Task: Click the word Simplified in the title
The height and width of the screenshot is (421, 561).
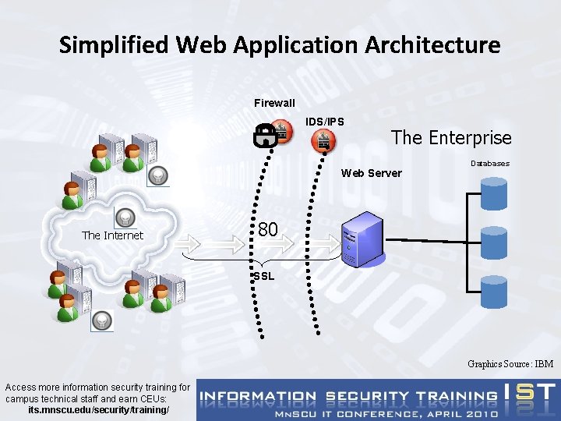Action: (x=114, y=45)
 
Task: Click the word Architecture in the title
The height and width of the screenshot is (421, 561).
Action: (x=432, y=44)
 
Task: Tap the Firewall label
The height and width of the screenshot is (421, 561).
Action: (x=274, y=103)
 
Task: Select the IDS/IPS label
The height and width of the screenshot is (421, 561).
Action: (x=324, y=122)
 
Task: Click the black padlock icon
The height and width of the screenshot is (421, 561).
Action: (x=266, y=136)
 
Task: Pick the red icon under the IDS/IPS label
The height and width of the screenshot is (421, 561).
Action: (x=323, y=140)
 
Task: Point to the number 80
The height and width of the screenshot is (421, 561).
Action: (x=267, y=229)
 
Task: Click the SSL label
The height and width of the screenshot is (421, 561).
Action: (x=263, y=276)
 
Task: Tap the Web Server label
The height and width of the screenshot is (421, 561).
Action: (x=372, y=173)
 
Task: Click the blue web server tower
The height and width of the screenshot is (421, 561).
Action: (x=363, y=239)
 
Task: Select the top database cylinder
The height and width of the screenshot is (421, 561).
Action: (x=494, y=193)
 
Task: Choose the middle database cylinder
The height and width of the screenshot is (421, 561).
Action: (x=494, y=242)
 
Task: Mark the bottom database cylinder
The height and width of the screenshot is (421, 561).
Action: (x=494, y=292)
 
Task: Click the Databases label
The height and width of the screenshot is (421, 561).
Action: (x=490, y=164)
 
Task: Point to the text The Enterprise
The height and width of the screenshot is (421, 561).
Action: (x=451, y=138)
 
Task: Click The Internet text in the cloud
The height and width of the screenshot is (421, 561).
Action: (x=112, y=235)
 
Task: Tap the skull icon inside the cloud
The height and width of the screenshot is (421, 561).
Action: (x=125, y=218)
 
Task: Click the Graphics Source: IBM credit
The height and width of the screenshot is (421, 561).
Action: (x=510, y=364)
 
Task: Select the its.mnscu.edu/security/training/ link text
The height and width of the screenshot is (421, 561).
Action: (x=98, y=410)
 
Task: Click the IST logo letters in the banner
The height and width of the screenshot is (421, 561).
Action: (x=531, y=392)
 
